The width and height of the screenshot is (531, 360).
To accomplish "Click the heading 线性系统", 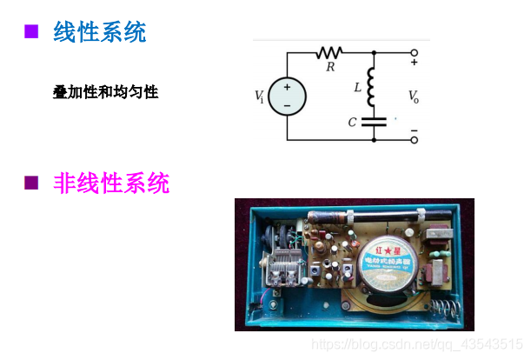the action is click(99, 33).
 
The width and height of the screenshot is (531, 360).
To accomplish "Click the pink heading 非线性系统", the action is click(111, 183).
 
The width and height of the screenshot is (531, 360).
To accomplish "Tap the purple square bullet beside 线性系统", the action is click(32, 32).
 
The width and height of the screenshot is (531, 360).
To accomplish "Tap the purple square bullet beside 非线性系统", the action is click(32, 183).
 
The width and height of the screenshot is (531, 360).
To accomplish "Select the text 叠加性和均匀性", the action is click(105, 91).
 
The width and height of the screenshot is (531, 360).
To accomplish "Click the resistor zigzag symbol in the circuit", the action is click(330, 52).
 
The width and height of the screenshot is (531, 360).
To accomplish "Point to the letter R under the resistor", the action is click(330, 66).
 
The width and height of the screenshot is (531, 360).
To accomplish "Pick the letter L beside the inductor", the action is click(357, 88).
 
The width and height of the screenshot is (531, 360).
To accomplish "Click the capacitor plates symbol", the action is click(374, 122).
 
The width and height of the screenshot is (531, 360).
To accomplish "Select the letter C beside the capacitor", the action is click(352, 123).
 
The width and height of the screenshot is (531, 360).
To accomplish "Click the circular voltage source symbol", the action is click(287, 96).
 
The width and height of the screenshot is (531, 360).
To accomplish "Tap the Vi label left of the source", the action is click(259, 97).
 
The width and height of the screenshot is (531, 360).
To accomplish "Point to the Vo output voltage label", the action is click(413, 97).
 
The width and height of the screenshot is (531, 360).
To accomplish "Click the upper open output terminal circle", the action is click(414, 53).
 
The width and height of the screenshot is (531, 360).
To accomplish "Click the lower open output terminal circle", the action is click(414, 139).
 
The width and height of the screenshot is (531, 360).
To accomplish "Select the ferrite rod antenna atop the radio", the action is click(391, 210).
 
